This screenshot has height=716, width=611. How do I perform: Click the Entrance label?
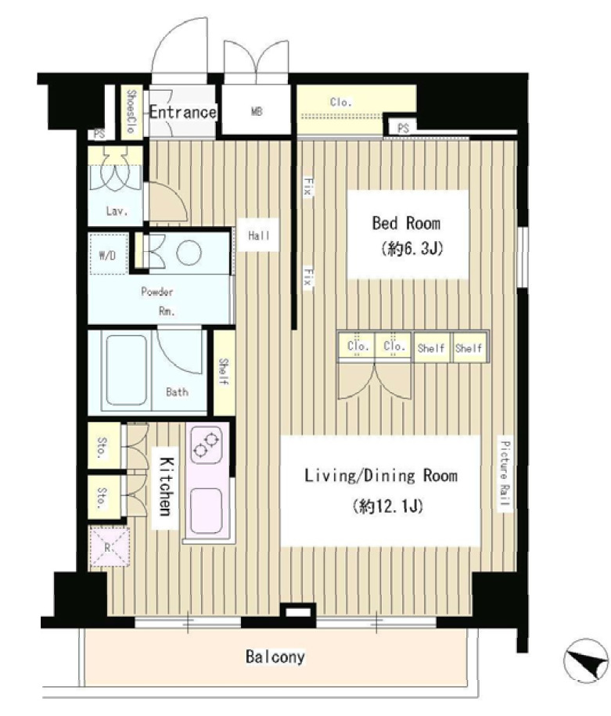[182, 112]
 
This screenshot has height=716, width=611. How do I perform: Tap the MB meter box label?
[257, 111]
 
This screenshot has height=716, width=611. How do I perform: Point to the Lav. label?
[117, 211]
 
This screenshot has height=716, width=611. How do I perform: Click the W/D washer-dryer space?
[108, 255]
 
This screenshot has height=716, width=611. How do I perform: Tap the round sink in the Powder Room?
[189, 252]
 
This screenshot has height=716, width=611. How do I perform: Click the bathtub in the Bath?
[127, 370]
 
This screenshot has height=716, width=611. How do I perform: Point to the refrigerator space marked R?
[110, 547]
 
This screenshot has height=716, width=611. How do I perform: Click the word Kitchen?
[165, 486]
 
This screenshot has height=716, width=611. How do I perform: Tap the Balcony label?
[275, 657]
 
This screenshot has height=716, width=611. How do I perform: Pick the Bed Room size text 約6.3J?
[412, 249]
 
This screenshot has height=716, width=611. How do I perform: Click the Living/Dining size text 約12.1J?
[388, 506]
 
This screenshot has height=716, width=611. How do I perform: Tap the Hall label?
[259, 236]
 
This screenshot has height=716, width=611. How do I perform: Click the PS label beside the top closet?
[403, 128]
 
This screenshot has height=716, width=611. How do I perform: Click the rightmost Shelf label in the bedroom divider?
[469, 348]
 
